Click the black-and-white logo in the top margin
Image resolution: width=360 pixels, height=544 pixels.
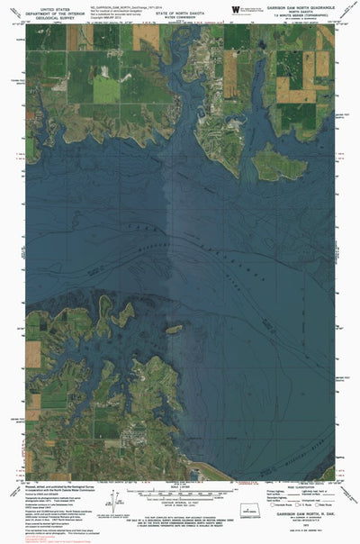(x=237, y=9)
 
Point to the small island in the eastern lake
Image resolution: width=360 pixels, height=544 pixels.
(x=274, y=163)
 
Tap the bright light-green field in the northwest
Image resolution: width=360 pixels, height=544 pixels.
(x=106, y=88)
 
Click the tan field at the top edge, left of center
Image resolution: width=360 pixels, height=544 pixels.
(x=148, y=37)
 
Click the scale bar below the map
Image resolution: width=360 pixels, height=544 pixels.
(x=180, y=494)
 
